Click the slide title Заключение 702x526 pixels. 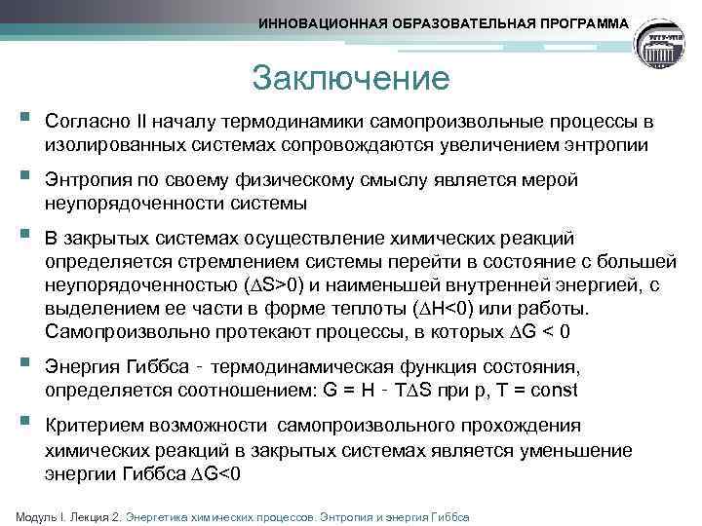tap(350, 77)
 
